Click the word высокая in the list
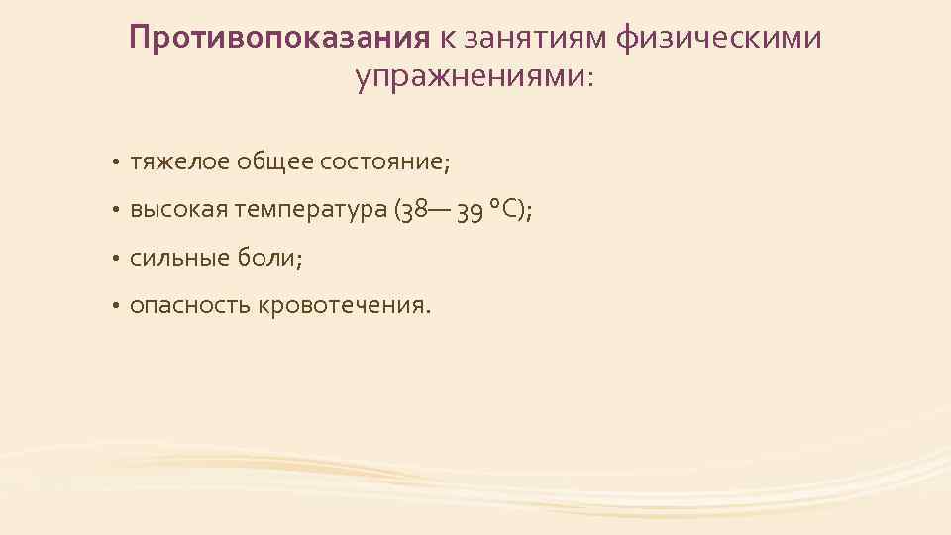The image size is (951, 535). (179, 210)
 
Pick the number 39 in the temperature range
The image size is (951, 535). (472, 210)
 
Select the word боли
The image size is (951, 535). (267, 258)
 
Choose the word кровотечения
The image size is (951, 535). (343, 306)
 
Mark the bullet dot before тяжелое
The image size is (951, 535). (115, 162)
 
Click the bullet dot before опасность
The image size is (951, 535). (115, 307)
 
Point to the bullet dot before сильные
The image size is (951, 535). (115, 259)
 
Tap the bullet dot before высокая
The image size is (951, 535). (115, 211)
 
